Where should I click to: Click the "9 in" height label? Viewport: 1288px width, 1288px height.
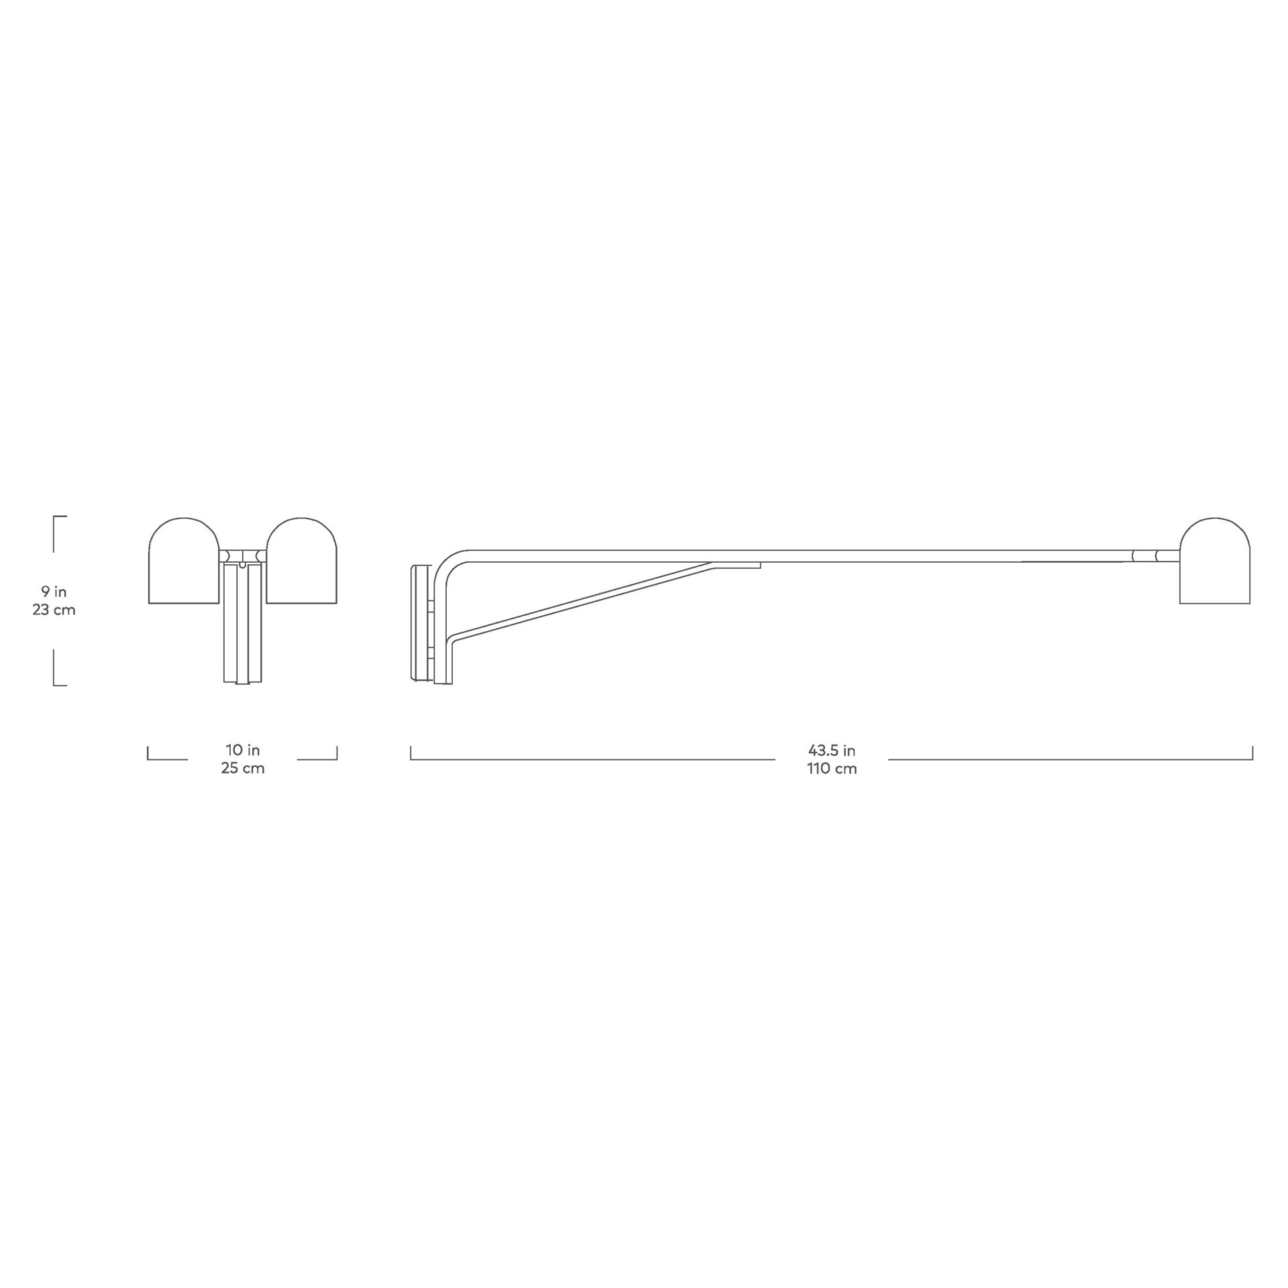pyautogui.click(x=54, y=592)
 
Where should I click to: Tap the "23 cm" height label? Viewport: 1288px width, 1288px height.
pyautogui.click(x=54, y=610)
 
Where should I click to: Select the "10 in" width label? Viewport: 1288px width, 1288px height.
pyautogui.click(x=243, y=750)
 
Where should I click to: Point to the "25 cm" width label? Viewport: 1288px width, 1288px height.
pyautogui.click(x=243, y=769)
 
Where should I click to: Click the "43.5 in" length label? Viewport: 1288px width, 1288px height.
pyautogui.click(x=832, y=751)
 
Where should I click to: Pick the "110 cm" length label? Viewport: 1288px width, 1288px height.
pyautogui.click(x=832, y=769)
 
